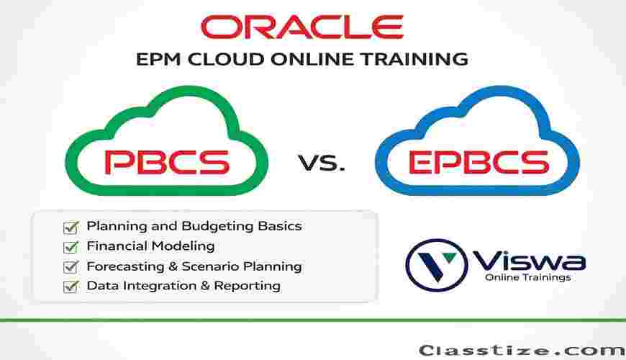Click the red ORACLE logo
click(x=302, y=27)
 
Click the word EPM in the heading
click(x=158, y=60)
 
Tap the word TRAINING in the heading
click(x=414, y=60)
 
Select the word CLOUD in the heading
click(x=226, y=60)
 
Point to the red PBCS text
click(x=167, y=162)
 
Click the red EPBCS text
click(x=479, y=162)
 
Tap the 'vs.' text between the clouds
click(x=322, y=163)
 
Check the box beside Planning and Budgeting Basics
click(x=71, y=228)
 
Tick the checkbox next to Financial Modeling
click(x=71, y=248)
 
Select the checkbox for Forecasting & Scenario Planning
click(x=71, y=267)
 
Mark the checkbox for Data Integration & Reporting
click(x=71, y=287)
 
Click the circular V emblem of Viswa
click(x=436, y=265)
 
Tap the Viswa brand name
click(x=529, y=261)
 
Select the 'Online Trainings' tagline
click(x=528, y=277)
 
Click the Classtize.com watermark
click(x=522, y=351)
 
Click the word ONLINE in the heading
click(x=312, y=60)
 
